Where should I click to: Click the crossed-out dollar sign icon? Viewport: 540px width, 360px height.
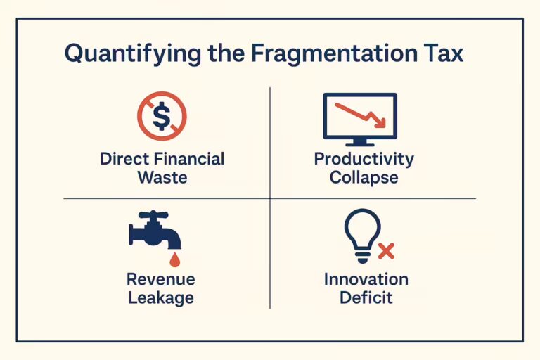[x=162, y=117]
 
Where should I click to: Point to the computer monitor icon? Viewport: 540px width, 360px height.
[x=359, y=118]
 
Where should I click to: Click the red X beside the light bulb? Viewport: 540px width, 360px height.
[x=385, y=250]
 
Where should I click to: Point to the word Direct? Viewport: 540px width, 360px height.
[x=124, y=158]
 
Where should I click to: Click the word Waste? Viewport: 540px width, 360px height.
[x=162, y=176]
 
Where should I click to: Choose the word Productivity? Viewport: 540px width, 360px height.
[x=364, y=158]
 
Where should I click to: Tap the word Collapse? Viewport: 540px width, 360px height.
[x=364, y=176]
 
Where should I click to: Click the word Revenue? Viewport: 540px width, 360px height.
[x=161, y=279]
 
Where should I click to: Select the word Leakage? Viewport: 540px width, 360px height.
[x=161, y=297]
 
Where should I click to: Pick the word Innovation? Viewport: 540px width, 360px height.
[x=366, y=279]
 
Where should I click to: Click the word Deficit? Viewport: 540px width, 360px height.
[x=366, y=297]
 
